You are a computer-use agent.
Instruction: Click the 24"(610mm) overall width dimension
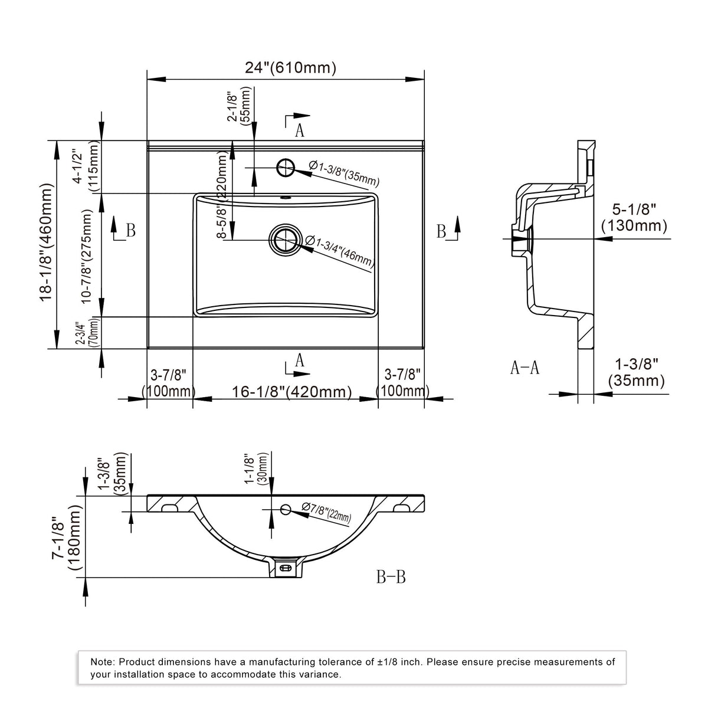[x=290, y=68]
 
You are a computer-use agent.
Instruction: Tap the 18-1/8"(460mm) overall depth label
[x=47, y=242]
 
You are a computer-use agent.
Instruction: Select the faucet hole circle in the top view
[x=286, y=168]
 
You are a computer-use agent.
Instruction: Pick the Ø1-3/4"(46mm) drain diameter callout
[x=340, y=251]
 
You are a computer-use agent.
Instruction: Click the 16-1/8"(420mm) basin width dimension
[x=291, y=392]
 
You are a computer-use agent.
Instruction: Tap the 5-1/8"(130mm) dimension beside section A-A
[x=634, y=218]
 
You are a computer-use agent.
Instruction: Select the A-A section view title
[x=525, y=368]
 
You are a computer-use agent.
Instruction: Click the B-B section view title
[x=391, y=577]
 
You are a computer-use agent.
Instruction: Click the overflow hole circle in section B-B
[x=286, y=509]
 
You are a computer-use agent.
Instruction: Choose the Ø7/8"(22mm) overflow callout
[x=326, y=512]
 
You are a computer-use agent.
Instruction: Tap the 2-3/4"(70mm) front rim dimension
[x=87, y=333]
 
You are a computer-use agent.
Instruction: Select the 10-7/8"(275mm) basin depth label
[x=87, y=256]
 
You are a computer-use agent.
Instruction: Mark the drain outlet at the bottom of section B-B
[x=286, y=568]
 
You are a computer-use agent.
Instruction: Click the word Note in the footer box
[x=103, y=662]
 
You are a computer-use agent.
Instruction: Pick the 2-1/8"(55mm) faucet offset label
[x=238, y=106]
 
